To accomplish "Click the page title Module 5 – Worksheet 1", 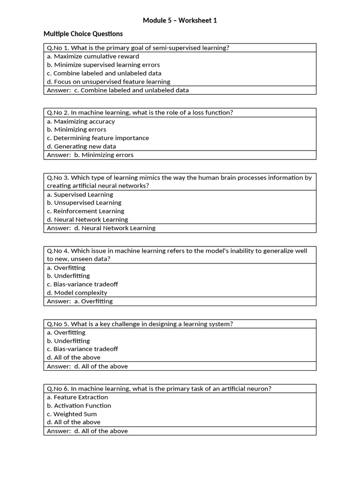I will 180,21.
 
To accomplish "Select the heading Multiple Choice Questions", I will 83,34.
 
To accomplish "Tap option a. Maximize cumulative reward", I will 93,56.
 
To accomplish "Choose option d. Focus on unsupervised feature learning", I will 108,82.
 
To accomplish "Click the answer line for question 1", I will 118,90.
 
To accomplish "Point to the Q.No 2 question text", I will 140,112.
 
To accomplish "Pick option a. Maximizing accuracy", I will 81,121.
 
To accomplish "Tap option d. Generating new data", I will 81,146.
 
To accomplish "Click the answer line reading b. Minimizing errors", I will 90,155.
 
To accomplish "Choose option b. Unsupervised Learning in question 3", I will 84,202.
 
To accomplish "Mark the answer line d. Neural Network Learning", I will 101,228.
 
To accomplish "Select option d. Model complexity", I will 77,292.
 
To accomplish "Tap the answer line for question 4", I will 80,301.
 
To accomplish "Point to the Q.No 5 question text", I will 140,324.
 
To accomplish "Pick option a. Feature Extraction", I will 77,397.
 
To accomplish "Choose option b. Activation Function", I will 79,405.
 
